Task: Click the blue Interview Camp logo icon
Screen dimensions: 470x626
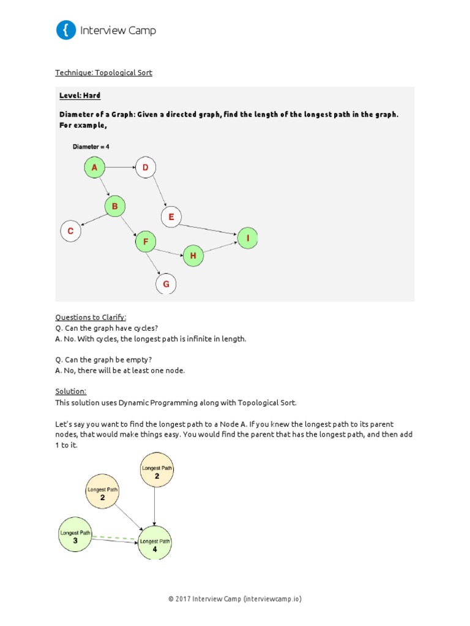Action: (66, 30)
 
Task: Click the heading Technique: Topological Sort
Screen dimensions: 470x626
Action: (103, 73)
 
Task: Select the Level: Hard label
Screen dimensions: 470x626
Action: (80, 96)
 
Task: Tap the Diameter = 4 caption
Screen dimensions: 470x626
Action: (91, 147)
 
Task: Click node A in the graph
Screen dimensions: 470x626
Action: (94, 168)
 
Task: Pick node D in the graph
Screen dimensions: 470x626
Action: (146, 168)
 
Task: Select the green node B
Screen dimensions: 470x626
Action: (114, 207)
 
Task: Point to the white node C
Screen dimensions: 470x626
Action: (70, 231)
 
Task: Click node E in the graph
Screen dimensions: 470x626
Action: (171, 216)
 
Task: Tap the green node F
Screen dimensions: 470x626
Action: (146, 241)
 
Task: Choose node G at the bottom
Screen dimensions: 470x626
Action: (166, 284)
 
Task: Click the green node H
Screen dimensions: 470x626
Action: (193, 256)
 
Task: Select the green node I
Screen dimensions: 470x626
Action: (248, 238)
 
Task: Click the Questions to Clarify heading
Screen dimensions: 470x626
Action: (91, 317)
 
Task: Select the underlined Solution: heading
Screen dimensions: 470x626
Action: (70, 391)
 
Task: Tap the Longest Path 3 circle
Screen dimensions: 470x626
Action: (75, 536)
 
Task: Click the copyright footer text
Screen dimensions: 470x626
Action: (235, 598)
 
